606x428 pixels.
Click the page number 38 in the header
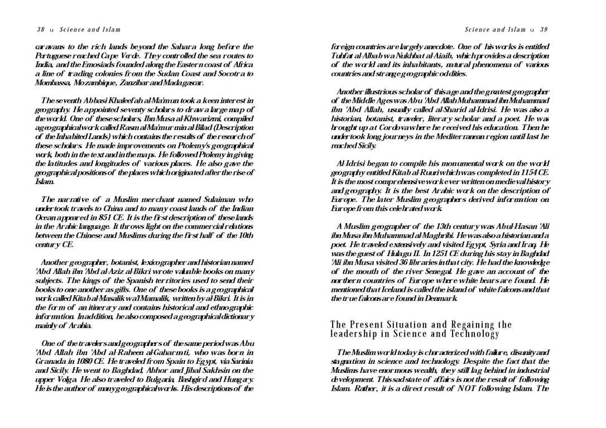click(x=40, y=30)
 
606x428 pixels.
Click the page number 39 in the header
click(x=544, y=30)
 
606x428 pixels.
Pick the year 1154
click(x=520, y=172)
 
